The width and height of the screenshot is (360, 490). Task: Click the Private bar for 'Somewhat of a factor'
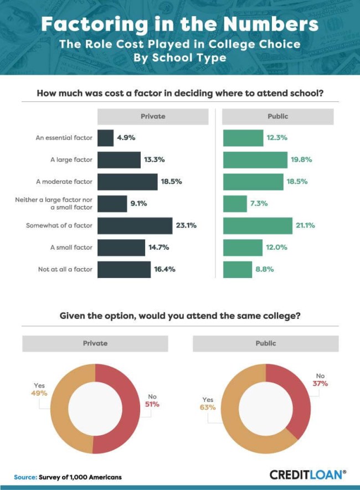click(x=135, y=225)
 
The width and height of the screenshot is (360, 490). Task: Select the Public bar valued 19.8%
click(x=254, y=159)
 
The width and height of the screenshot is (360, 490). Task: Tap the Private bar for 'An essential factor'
click(x=105, y=138)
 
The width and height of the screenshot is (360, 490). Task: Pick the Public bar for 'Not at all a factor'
click(x=238, y=270)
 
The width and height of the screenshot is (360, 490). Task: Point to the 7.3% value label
click(x=258, y=203)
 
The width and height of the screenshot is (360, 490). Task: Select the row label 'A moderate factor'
click(x=64, y=182)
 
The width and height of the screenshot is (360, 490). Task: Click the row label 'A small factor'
click(x=71, y=247)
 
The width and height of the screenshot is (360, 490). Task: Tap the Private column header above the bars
click(x=153, y=116)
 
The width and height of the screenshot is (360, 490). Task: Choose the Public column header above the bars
click(x=277, y=116)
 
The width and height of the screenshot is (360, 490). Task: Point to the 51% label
click(x=152, y=404)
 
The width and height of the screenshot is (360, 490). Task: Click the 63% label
click(x=208, y=408)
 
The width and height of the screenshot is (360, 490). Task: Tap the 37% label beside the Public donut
click(x=320, y=384)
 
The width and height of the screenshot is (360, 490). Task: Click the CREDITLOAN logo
click(x=308, y=474)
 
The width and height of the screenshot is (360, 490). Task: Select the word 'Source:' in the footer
click(x=25, y=476)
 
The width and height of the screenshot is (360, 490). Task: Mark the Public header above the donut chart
click(x=265, y=343)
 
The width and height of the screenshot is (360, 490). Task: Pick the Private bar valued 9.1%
click(x=112, y=203)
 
